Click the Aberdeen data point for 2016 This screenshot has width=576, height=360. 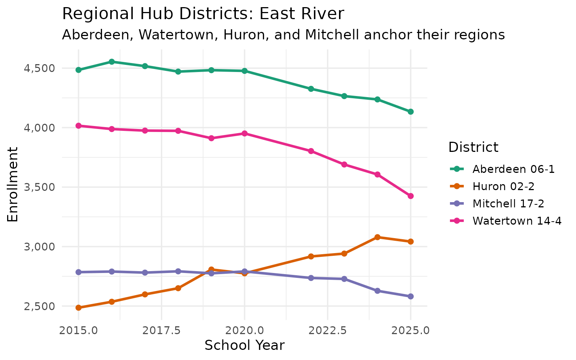pos(112,61)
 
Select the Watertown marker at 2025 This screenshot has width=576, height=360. pos(411,196)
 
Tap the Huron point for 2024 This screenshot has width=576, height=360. pos(378,237)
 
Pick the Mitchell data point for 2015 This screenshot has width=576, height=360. pos(78,272)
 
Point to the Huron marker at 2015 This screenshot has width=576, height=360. pos(78,307)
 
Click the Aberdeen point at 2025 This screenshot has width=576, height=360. pos(411,112)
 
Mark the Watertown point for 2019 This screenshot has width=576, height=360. pos(211,138)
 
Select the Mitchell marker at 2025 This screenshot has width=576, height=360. pos(411,296)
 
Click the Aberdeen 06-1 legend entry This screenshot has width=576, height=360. pos(513,169)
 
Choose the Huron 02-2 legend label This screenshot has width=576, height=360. pos(503,186)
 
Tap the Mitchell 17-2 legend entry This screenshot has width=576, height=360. pos(508,204)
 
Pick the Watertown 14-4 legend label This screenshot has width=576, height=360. pos(517,221)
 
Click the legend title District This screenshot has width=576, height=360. pos(473,147)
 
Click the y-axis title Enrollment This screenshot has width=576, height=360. pos(13,184)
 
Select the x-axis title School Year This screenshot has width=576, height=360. pos(244,345)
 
